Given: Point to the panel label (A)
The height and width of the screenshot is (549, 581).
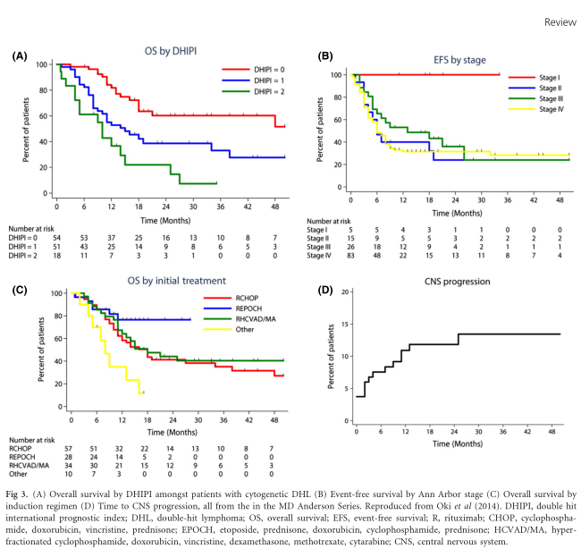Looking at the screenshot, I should [x=19, y=55].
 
